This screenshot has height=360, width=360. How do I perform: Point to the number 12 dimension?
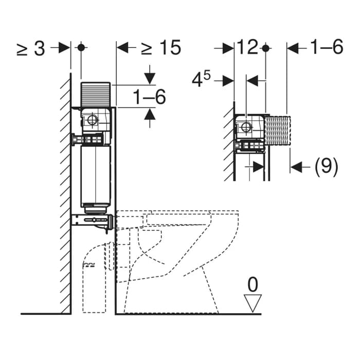(247, 48)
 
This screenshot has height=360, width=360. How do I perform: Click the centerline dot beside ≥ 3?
(81, 48)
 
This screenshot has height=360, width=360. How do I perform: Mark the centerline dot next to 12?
(265, 48)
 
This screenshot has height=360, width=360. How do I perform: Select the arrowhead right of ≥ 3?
(64, 48)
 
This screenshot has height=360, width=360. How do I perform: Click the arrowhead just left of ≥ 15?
(123, 48)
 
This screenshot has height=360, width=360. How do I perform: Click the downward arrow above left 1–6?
(150, 77)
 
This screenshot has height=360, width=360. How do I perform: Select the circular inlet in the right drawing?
(246, 127)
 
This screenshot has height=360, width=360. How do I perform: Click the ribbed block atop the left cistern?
(96, 93)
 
